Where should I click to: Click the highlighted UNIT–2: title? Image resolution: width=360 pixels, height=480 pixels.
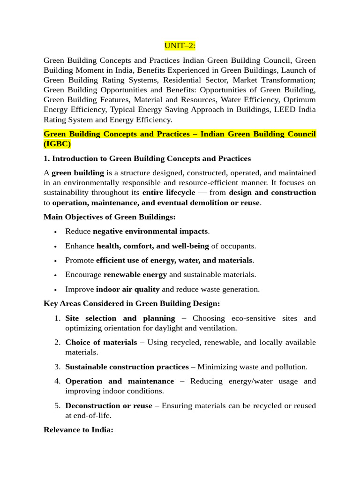point(180,45)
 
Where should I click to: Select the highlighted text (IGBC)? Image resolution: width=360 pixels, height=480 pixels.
point(57,144)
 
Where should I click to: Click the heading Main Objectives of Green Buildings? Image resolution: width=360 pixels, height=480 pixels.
point(110,217)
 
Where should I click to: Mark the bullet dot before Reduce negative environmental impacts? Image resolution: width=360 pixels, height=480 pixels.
point(56,232)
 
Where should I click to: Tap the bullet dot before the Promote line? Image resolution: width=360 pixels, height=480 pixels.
point(56,261)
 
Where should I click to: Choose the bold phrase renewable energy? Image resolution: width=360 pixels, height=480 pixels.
point(135,275)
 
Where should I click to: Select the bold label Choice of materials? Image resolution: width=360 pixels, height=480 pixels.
point(101,343)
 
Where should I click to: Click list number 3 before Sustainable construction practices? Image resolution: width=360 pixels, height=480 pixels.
point(57,367)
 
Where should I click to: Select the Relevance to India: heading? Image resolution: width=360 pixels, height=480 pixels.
point(78,429)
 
